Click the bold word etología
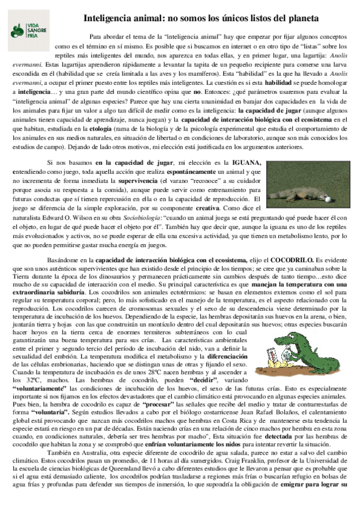pyautogui.click(x=120, y=128)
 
